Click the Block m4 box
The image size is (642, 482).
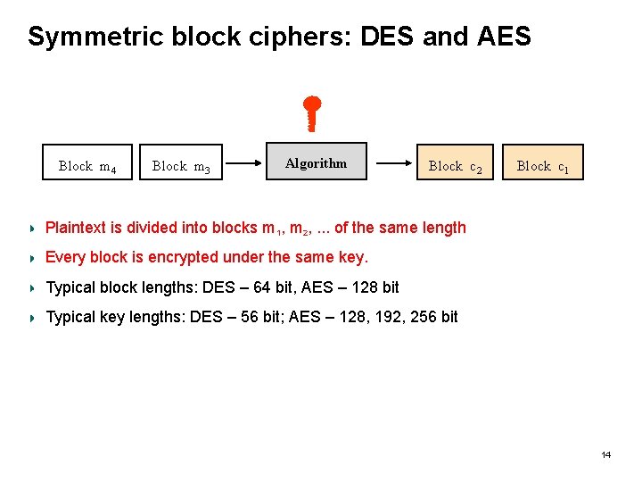[87, 162]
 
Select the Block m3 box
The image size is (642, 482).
[181, 162]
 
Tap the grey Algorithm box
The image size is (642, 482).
[317, 162]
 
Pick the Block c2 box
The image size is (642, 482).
[455, 162]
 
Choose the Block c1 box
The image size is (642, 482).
[542, 162]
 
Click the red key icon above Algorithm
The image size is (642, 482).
[313, 114]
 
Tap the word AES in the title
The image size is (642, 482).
[504, 37]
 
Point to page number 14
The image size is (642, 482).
[606, 455]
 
